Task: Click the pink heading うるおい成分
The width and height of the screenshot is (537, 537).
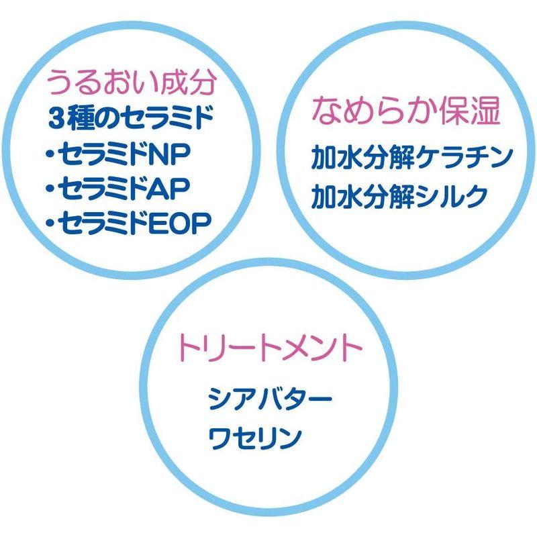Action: click(x=131, y=84)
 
